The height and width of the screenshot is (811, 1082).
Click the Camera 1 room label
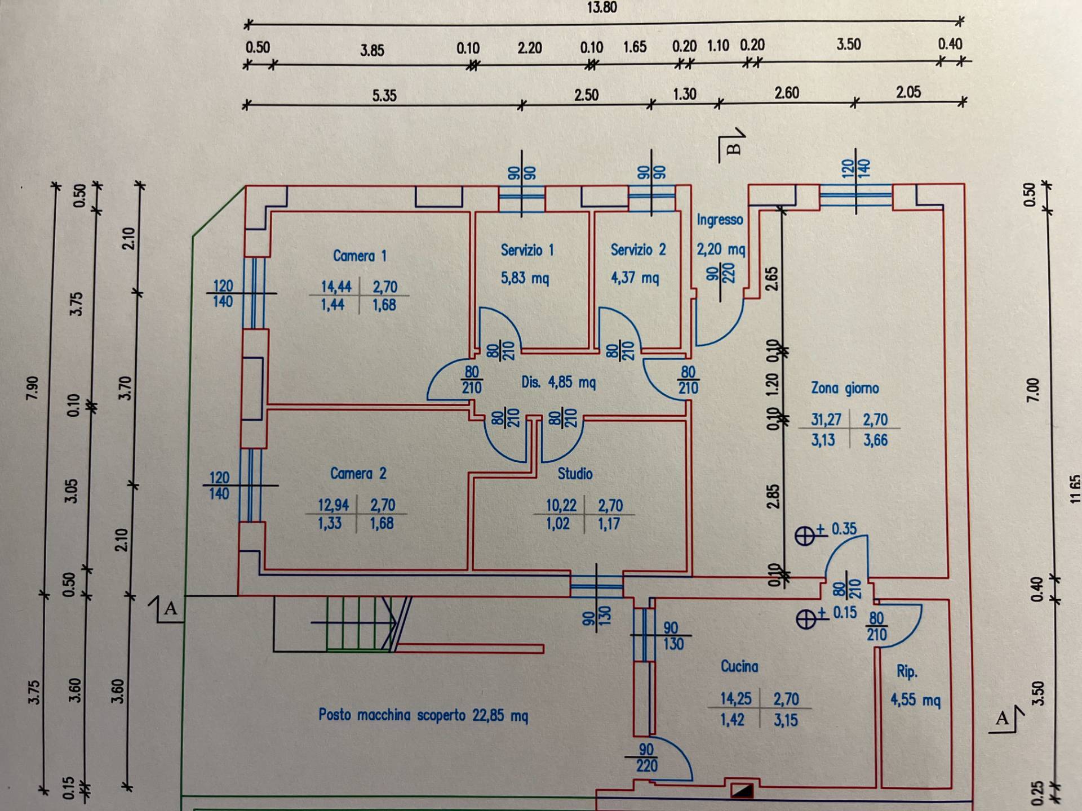pyautogui.click(x=360, y=256)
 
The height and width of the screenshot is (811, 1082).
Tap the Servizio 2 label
pyautogui.click(x=638, y=249)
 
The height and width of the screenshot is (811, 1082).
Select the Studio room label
pyautogui.click(x=575, y=474)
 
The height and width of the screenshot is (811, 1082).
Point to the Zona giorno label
pyautogui.click(x=845, y=388)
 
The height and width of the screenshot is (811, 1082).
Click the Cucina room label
pyautogui.click(x=739, y=666)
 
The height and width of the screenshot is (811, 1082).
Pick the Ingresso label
pyautogui.click(x=720, y=220)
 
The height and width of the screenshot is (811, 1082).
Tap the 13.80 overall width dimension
pyautogui.click(x=602, y=7)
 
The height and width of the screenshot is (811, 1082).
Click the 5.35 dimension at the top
pyautogui.click(x=384, y=96)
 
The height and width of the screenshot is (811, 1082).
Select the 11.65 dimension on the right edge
pyautogui.click(x=1075, y=489)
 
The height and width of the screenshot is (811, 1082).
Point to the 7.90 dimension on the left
pyautogui.click(x=32, y=387)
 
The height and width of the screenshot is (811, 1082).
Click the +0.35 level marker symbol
pyautogui.click(x=805, y=535)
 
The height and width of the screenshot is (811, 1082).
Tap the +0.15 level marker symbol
pyautogui.click(x=806, y=619)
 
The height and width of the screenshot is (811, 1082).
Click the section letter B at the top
pyautogui.click(x=733, y=149)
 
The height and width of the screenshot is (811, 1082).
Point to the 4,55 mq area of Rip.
pyautogui.click(x=915, y=700)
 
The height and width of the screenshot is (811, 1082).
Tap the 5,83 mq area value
pyautogui.click(x=525, y=278)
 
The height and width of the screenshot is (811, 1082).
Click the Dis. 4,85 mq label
pyautogui.click(x=558, y=382)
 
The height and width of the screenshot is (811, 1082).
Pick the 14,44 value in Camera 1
pyautogui.click(x=336, y=287)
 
